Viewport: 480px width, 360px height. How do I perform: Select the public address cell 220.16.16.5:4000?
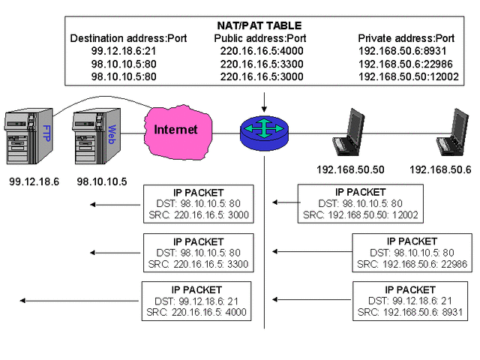257,51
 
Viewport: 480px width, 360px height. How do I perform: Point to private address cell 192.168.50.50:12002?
406,76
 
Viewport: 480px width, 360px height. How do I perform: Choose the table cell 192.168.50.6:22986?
403,64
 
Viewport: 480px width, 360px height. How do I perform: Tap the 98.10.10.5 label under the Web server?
102,181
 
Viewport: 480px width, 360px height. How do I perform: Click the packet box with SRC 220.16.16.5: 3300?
199,253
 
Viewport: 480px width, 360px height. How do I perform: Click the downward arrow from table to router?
264,101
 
